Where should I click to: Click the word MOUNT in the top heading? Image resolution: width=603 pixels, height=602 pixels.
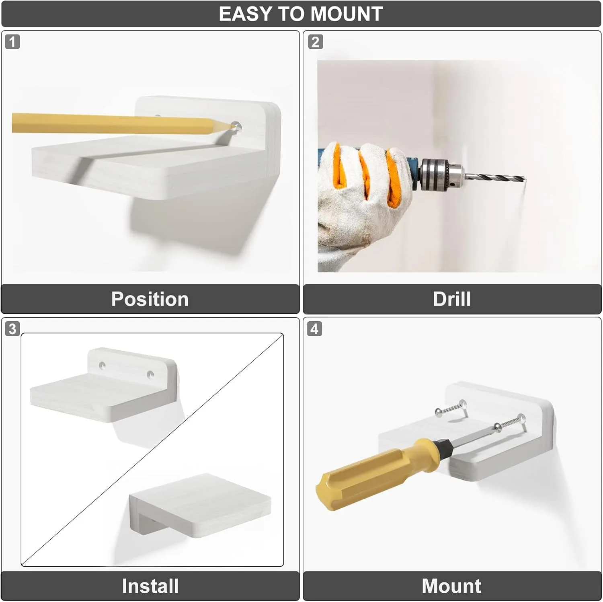pyautogui.click(x=347, y=14)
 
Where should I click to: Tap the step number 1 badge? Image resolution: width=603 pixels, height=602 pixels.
pyautogui.click(x=12, y=42)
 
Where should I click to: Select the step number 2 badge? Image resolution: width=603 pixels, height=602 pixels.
pyautogui.click(x=315, y=42)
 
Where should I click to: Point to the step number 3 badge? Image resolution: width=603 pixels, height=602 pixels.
pyautogui.click(x=12, y=329)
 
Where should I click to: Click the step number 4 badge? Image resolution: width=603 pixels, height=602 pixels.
pyautogui.click(x=315, y=329)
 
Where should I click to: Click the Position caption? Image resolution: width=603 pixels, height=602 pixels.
pyautogui.click(x=150, y=299)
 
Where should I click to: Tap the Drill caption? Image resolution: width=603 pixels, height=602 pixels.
pyautogui.click(x=452, y=299)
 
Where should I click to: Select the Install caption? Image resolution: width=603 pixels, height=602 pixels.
pyautogui.click(x=150, y=586)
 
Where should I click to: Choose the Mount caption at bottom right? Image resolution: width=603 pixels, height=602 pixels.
pyautogui.click(x=451, y=586)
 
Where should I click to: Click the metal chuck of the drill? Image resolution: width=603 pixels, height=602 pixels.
pyautogui.click(x=441, y=175)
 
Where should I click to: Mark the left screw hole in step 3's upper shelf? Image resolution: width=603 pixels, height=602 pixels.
pyautogui.click(x=103, y=366)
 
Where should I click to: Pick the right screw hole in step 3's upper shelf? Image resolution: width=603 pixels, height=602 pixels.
pyautogui.click(x=150, y=375)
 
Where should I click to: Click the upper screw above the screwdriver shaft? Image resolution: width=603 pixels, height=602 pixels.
pyautogui.click(x=451, y=408)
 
